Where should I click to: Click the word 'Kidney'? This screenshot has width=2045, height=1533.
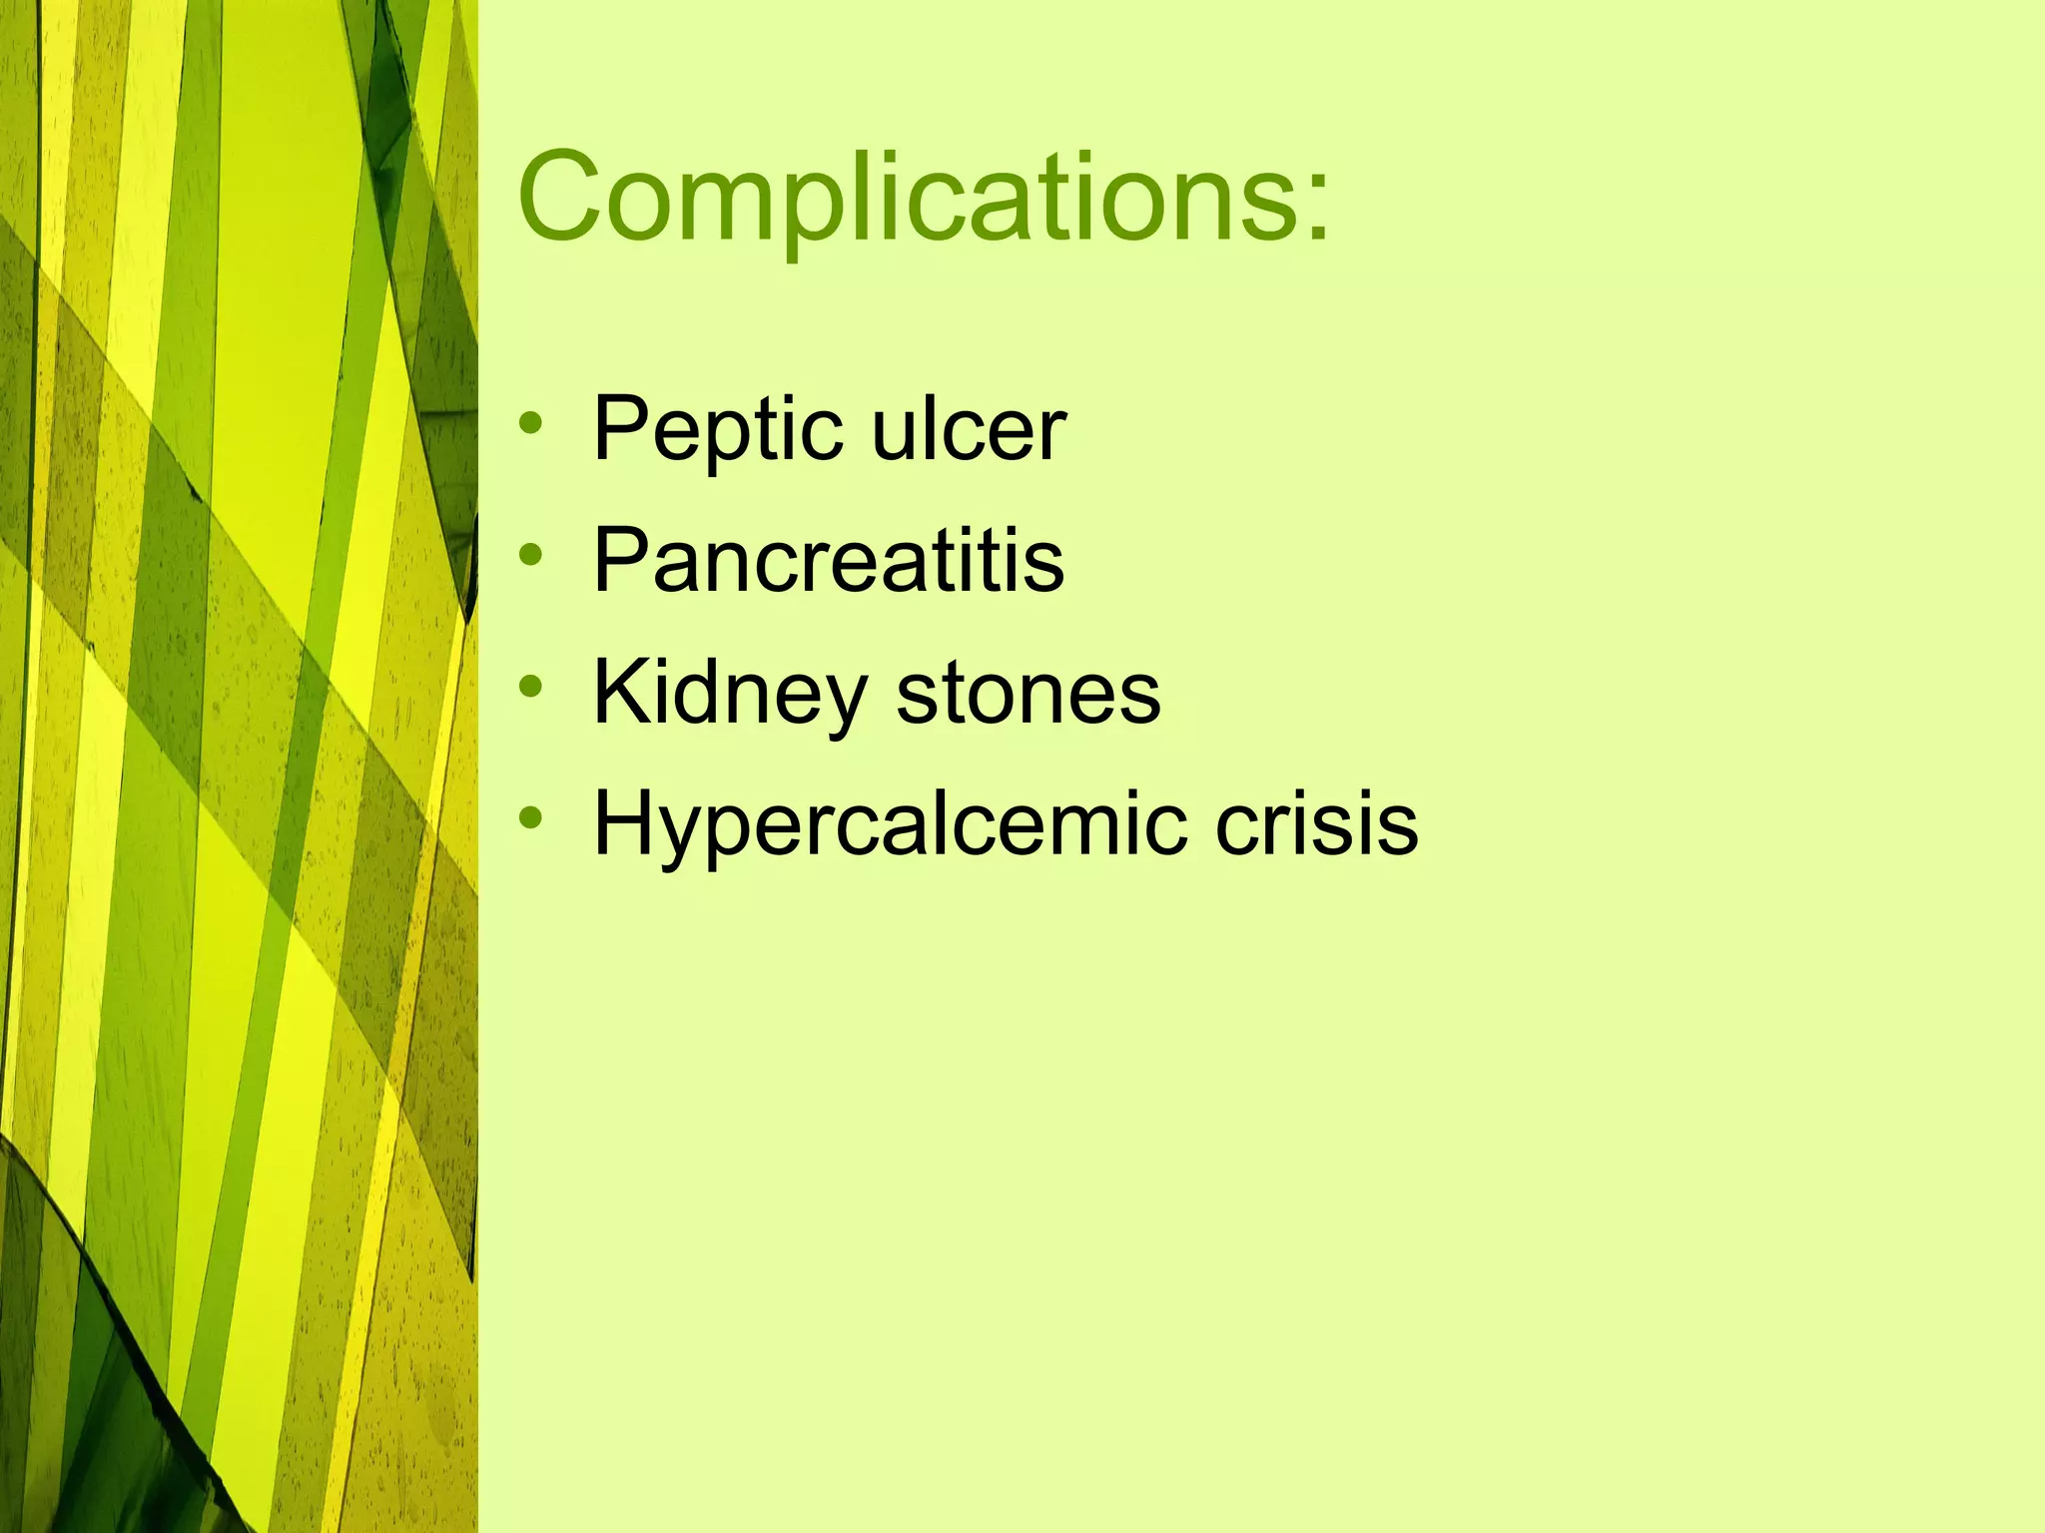point(730,695)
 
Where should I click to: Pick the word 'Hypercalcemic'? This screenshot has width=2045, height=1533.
point(890,825)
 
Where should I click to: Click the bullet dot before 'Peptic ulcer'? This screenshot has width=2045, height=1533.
point(531,423)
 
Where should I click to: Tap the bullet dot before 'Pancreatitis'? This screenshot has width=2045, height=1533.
point(531,554)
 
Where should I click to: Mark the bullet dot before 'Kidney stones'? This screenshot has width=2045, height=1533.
point(531,686)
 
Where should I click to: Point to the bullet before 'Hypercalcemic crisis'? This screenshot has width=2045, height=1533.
point(531,817)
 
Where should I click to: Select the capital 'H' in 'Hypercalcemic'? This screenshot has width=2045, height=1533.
point(625,823)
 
